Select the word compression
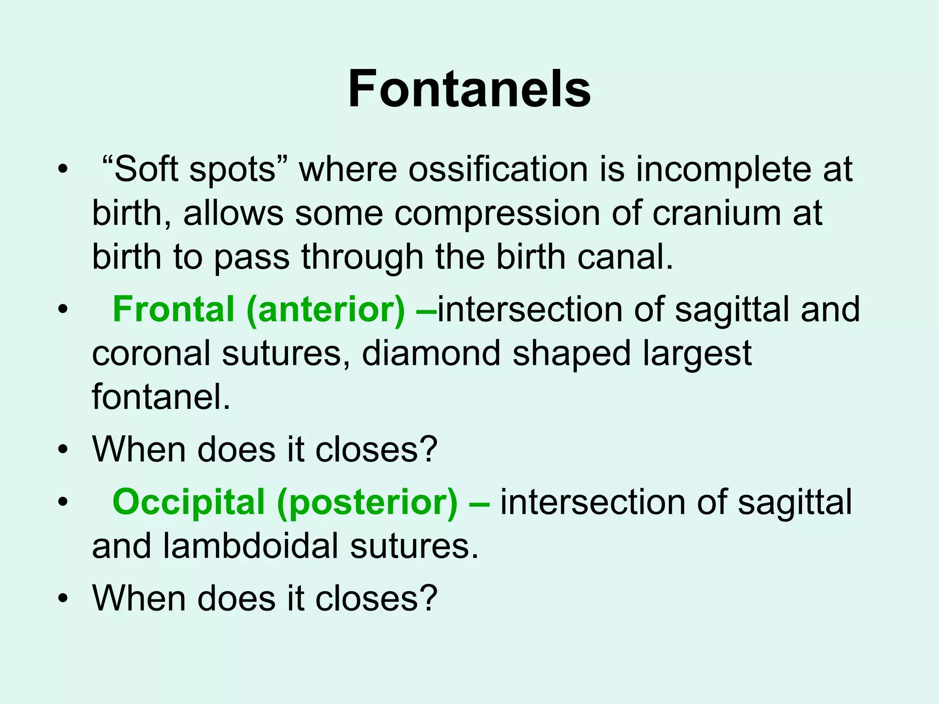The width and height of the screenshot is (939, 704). (x=497, y=214)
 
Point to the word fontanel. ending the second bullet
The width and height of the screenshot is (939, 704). (x=161, y=396)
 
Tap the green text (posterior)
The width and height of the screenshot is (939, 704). (x=367, y=502)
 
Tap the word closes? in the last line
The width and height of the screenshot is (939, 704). (x=376, y=598)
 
